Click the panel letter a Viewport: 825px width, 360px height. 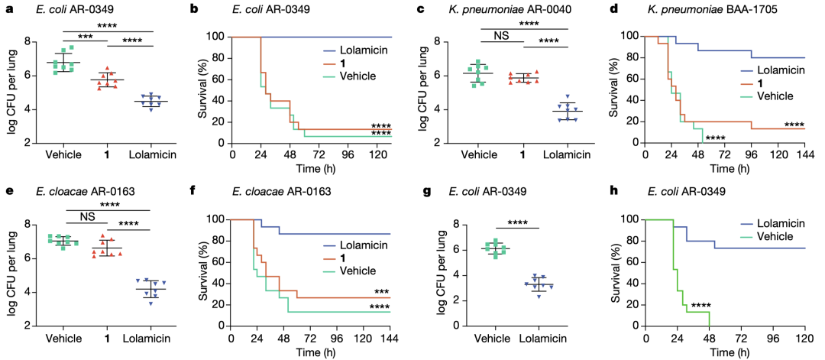coord(9,8)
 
